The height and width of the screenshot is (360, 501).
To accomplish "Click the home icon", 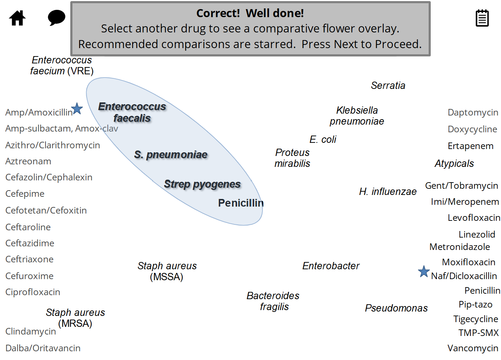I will [x=17, y=18].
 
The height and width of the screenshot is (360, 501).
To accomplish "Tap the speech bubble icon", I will [x=56, y=17].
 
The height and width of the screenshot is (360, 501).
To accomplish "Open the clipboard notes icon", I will [x=482, y=18].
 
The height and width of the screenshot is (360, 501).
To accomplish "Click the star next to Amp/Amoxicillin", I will [x=77, y=109].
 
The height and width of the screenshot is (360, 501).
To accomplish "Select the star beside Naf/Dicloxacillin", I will [x=423, y=271].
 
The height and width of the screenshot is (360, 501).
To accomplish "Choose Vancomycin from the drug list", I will [x=473, y=348].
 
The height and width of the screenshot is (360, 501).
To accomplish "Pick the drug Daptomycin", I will [x=473, y=112].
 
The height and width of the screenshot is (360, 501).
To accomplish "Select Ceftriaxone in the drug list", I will [x=29, y=259].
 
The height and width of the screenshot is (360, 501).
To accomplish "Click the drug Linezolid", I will [x=477, y=234].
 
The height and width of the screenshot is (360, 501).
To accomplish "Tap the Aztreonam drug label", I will [x=28, y=161].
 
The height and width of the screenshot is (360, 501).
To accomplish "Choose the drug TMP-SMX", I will [x=478, y=333].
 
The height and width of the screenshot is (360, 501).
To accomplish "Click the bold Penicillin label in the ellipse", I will [x=241, y=203].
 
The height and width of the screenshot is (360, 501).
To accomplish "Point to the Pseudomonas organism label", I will [x=396, y=308].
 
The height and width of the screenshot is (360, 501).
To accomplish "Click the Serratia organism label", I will [x=388, y=85].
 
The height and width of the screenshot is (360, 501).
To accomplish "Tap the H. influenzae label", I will [x=387, y=191].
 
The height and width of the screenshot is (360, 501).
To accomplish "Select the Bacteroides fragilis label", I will [x=273, y=301].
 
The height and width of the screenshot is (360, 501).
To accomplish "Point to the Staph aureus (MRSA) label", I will [x=75, y=318].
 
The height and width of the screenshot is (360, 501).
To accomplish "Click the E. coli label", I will [x=323, y=139].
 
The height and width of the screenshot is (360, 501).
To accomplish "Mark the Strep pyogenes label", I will [x=202, y=184].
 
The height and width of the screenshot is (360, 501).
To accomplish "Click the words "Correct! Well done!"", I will [x=250, y=13].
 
